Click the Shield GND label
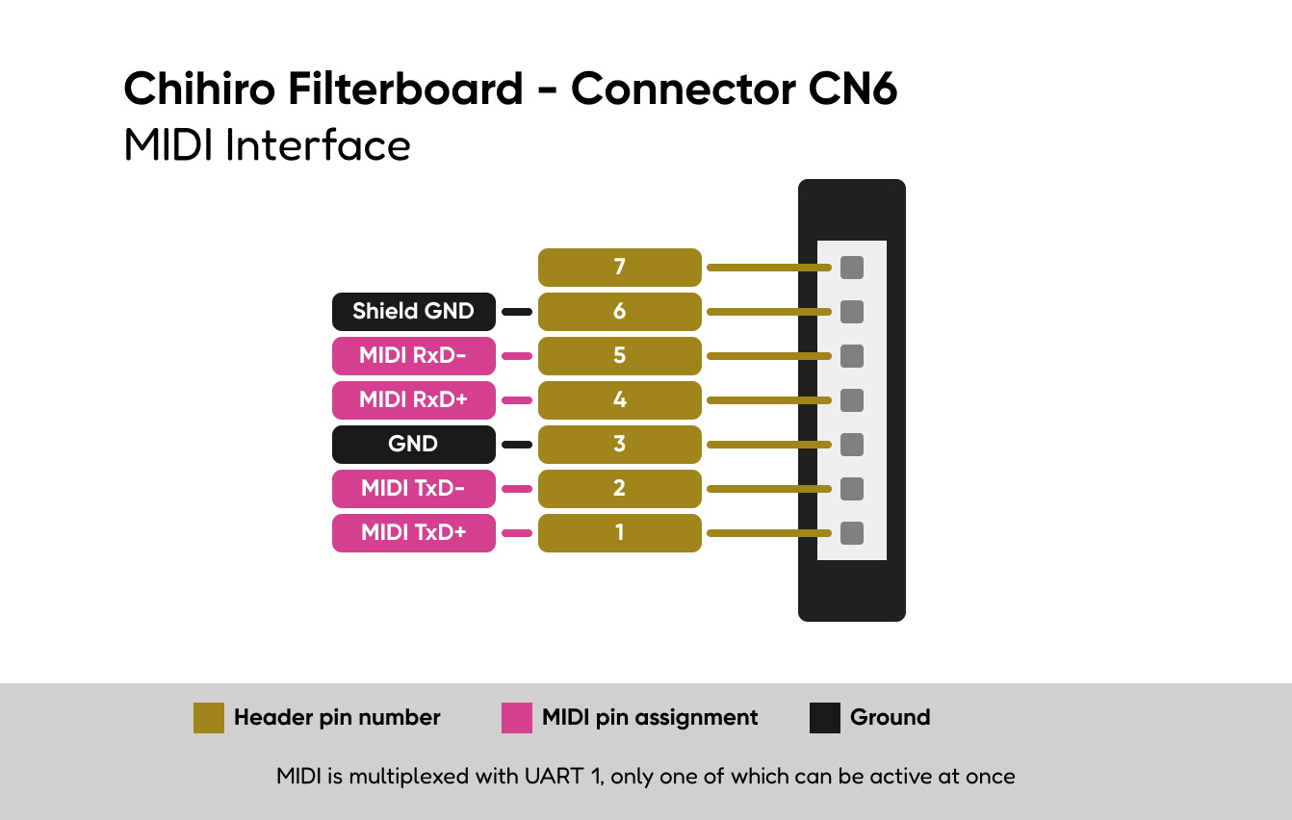(x=414, y=312)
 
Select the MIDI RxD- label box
(x=414, y=356)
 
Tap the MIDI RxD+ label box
(x=414, y=400)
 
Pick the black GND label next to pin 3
(x=414, y=444)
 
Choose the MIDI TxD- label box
(x=414, y=488)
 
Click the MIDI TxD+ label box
(x=414, y=533)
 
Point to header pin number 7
(x=619, y=267)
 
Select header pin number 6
(x=619, y=312)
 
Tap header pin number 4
(x=619, y=400)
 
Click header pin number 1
(x=619, y=533)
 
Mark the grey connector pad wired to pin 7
(x=852, y=268)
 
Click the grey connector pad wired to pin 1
(x=852, y=533)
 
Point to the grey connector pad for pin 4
(x=852, y=400)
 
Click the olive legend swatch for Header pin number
(x=209, y=718)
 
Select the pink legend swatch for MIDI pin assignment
(x=517, y=718)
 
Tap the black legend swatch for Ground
(x=825, y=718)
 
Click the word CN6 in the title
(x=852, y=89)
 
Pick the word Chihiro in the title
(x=199, y=89)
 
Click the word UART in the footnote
(x=555, y=776)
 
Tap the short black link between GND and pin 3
(x=517, y=445)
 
